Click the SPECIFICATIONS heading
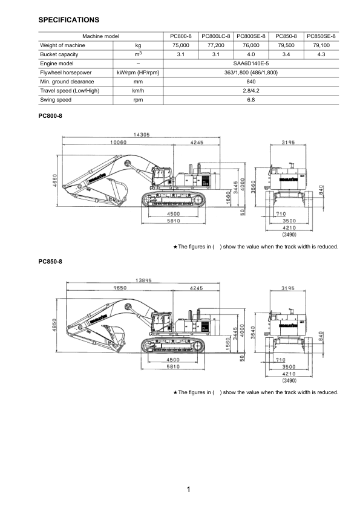tap(68, 20)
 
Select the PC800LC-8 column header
tap(216, 36)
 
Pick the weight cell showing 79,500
tap(286, 45)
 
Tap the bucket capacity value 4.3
tap(321, 54)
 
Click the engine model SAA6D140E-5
tap(251, 63)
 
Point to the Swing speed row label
tap(56, 100)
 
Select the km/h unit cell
tap(138, 91)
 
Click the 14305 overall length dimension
tap(142, 135)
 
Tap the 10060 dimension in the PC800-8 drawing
tap(118, 142)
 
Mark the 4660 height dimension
tap(55, 181)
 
